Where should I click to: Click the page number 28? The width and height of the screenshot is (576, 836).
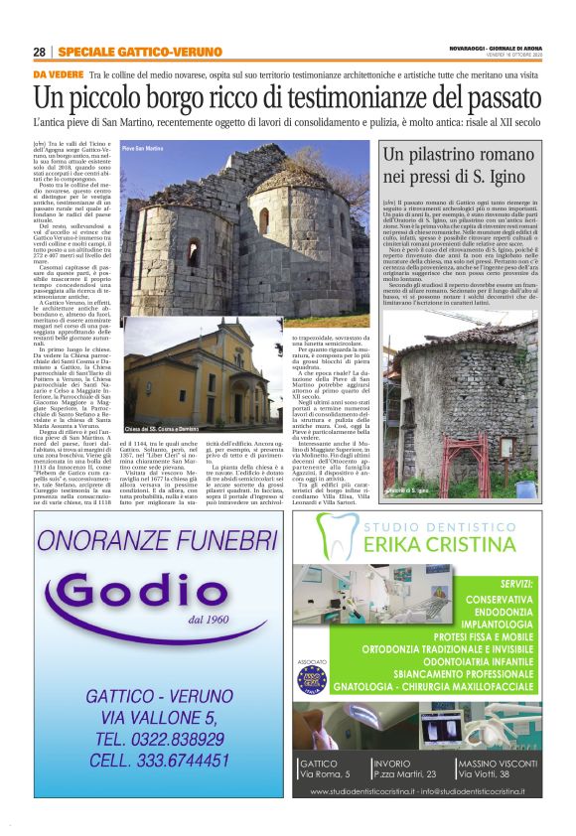click(39, 52)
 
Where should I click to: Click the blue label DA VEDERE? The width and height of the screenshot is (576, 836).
click(58, 75)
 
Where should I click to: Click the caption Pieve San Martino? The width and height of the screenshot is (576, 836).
click(142, 148)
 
